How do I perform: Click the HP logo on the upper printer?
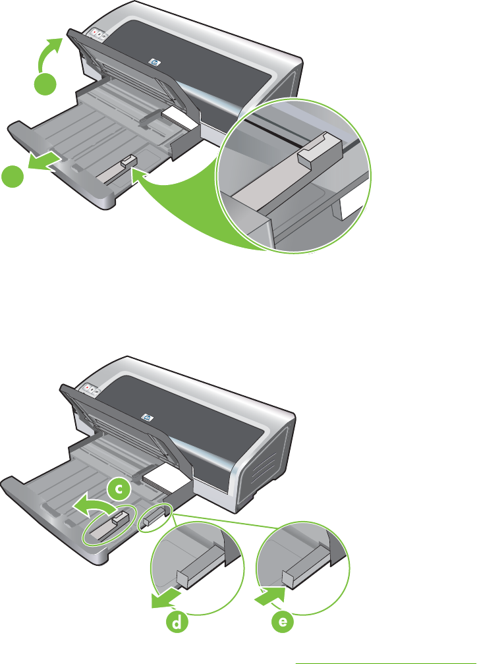[154, 62]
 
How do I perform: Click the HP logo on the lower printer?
[148, 418]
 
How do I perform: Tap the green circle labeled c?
[120, 489]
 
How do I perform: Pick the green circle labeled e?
[283, 622]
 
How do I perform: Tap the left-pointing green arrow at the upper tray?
[42, 163]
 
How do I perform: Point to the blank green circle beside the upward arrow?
[45, 84]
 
